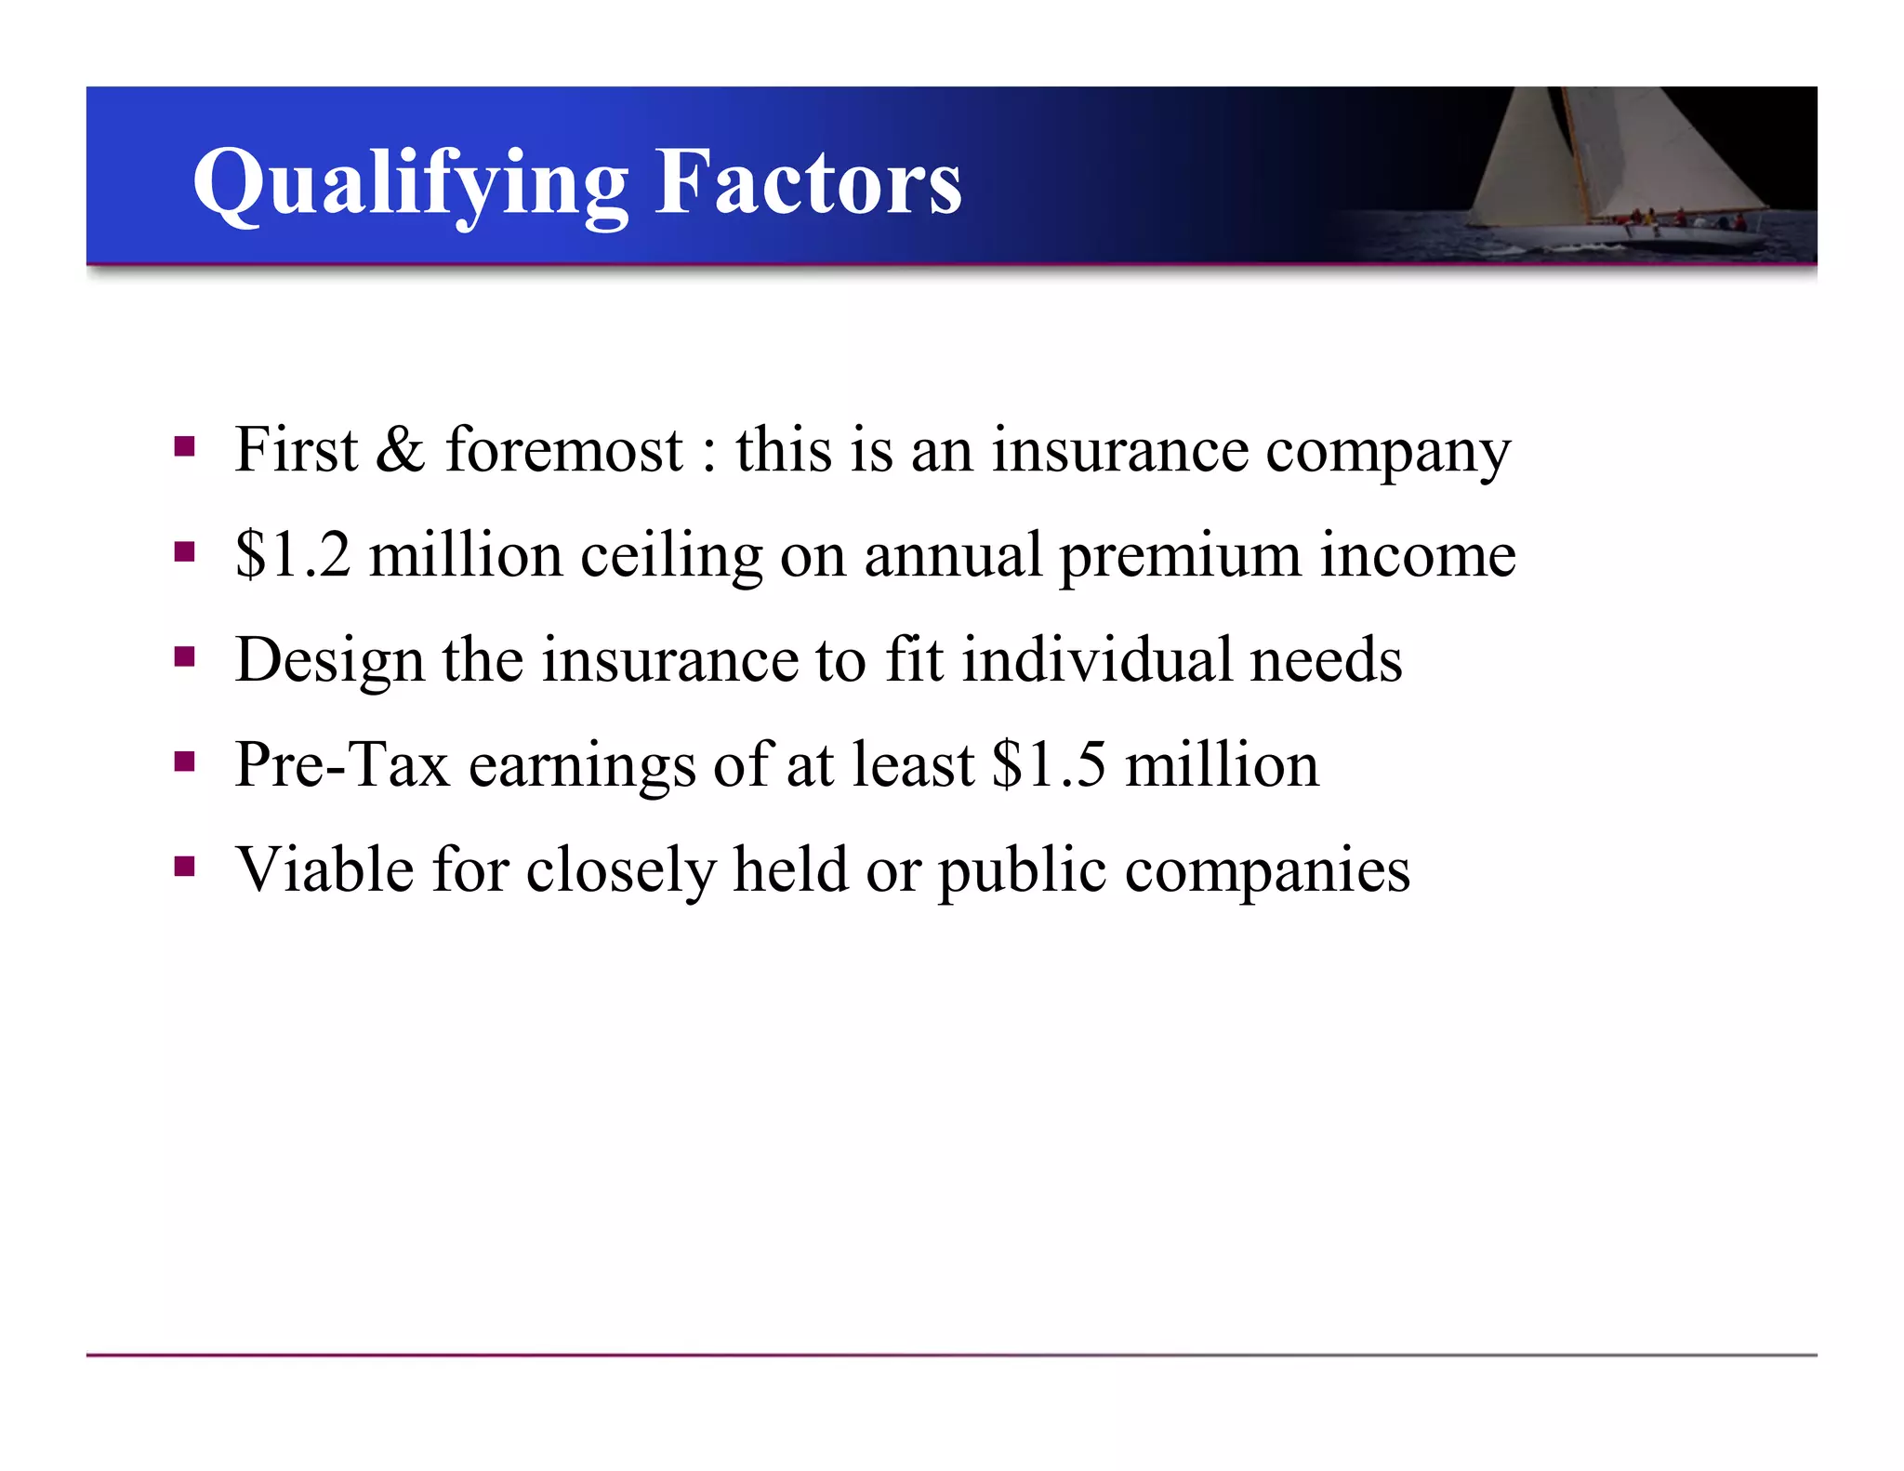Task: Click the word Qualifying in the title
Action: (410, 183)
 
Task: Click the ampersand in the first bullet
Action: (400, 450)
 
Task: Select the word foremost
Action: (564, 450)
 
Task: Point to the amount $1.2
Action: (293, 555)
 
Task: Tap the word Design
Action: (329, 660)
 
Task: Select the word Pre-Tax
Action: (342, 765)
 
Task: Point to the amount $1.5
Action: (1049, 765)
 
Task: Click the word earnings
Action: (582, 765)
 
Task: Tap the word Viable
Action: (324, 870)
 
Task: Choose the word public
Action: (1023, 870)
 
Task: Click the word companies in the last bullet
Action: (1267, 870)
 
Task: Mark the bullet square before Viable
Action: (184, 868)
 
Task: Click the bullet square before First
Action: (184, 447)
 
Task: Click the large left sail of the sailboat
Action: (1525, 158)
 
